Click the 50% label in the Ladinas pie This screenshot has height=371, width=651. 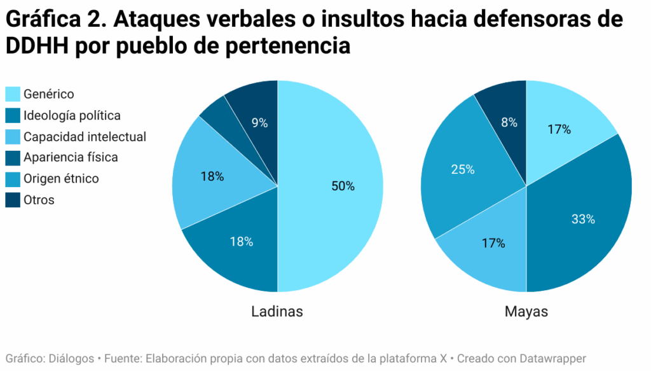click(x=343, y=186)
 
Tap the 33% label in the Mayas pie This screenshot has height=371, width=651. click(x=583, y=219)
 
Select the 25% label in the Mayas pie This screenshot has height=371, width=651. click(x=462, y=169)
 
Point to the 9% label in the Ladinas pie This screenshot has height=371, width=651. click(x=259, y=123)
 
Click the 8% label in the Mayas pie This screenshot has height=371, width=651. click(x=509, y=123)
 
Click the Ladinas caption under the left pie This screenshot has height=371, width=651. click(x=277, y=312)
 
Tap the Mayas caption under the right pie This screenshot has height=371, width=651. click(x=526, y=312)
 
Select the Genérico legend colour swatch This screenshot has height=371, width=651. click(x=13, y=94)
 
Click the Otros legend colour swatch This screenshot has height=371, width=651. click(x=13, y=200)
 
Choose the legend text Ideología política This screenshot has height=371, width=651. click(x=72, y=116)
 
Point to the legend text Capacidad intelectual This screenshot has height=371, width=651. click(x=85, y=137)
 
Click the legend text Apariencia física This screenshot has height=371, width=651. click(x=71, y=157)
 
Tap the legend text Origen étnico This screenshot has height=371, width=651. click(x=61, y=179)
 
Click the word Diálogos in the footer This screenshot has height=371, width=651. click(x=68, y=358)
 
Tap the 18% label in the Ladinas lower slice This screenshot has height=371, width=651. click(x=242, y=242)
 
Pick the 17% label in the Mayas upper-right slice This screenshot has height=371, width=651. click(x=559, y=129)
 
